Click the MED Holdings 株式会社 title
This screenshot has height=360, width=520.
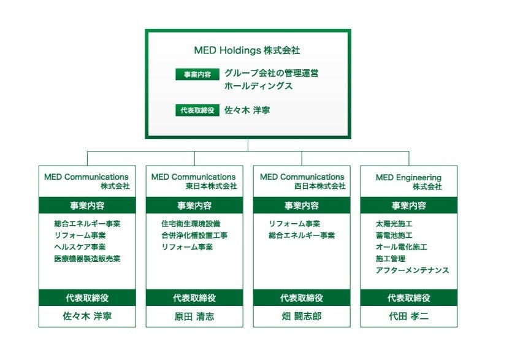(247, 50)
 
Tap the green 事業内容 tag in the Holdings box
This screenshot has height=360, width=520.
(197, 74)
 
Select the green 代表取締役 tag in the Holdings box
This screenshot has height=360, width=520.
(197, 111)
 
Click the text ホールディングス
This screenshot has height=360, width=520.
(258, 86)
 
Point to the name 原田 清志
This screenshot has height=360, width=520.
(194, 316)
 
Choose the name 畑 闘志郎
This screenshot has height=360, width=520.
(301, 316)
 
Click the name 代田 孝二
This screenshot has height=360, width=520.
(408, 316)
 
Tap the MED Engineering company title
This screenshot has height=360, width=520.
(408, 182)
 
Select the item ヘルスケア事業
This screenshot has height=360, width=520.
(80, 247)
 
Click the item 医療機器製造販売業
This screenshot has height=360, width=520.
(87, 259)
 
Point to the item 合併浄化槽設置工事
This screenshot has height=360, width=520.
(194, 236)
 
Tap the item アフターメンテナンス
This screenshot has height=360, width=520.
(412, 270)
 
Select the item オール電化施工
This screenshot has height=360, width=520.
(402, 247)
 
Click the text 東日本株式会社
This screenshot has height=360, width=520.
(211, 186)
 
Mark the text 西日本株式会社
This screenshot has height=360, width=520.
(319, 186)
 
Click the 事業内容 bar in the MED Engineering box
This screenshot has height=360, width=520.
(408, 205)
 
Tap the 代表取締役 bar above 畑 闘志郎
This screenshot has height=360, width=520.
(301, 298)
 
